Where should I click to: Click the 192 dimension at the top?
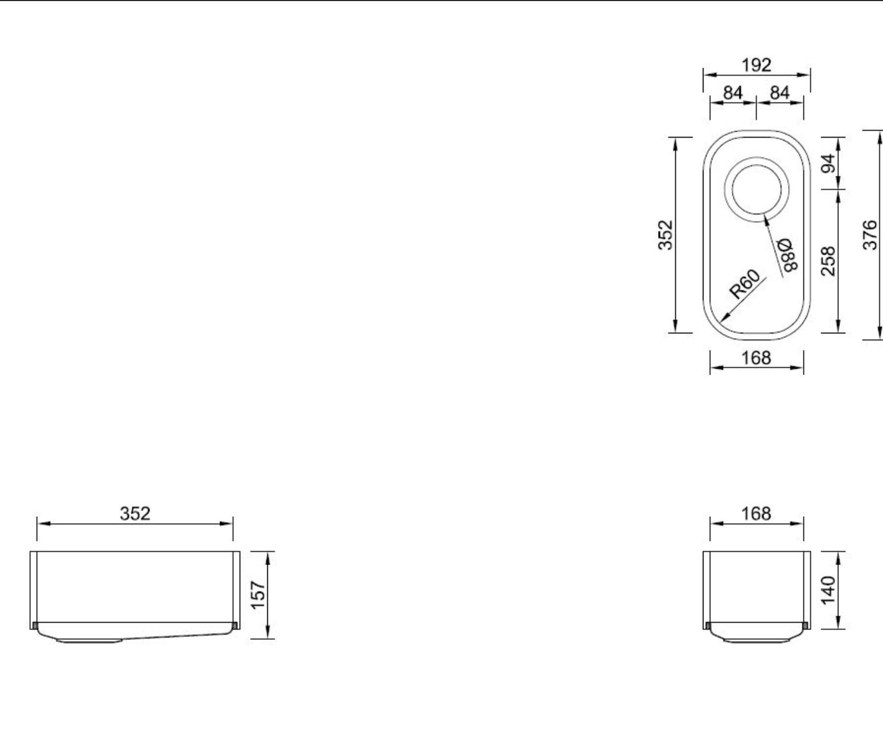click(x=756, y=65)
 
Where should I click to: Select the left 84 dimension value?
click(x=733, y=93)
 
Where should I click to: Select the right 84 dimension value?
click(x=780, y=93)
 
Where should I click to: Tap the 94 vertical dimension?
click(x=829, y=163)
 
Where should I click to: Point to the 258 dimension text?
click(x=829, y=261)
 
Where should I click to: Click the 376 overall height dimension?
click(x=870, y=235)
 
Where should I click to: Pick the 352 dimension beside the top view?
click(x=665, y=235)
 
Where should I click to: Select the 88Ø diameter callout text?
click(x=787, y=255)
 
